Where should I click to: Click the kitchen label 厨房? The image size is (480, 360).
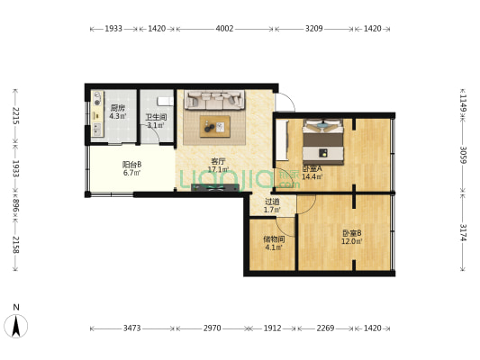coord(117,108)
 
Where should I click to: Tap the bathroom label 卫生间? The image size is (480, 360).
coord(156,117)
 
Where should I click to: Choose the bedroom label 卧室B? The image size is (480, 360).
coord(350,233)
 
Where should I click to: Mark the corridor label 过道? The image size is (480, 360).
coord(271,202)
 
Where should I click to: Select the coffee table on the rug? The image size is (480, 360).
coord(216,127)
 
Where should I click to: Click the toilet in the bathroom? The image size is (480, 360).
coord(164,101)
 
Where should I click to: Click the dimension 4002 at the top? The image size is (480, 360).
coord(224,29)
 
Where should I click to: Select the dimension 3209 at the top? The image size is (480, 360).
coord(313,29)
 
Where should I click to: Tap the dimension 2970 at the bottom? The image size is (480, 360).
coord(212,328)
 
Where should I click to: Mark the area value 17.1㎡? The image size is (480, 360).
coord(218,170)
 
